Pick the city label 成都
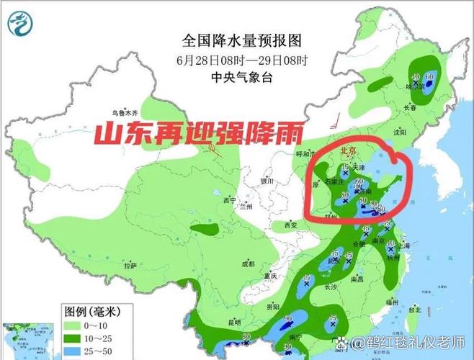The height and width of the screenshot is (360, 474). pos(249,264)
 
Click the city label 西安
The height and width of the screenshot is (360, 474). pos(290,225)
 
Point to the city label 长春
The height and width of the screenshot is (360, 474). pos(411,108)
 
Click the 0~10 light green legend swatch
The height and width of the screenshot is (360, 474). pos(71,325)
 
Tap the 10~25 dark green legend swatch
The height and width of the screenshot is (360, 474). pos(71,338)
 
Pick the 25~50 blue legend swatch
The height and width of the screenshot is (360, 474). pos(71,350)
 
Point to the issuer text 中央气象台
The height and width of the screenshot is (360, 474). pos(241,76)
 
